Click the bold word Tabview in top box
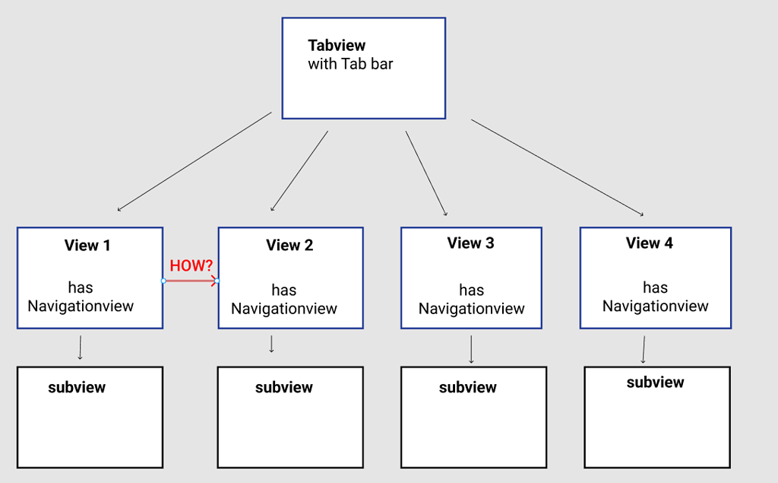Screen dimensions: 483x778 [x=337, y=46]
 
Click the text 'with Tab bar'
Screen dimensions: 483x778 [x=350, y=64]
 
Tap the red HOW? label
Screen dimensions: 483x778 [x=191, y=265]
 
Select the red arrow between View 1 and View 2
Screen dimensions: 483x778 [x=190, y=281]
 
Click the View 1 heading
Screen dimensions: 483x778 [x=87, y=246]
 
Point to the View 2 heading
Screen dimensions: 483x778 [x=289, y=246]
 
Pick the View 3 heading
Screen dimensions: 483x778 [x=470, y=243]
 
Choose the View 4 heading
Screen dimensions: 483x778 [x=650, y=243]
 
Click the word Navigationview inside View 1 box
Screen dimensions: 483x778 [x=81, y=307]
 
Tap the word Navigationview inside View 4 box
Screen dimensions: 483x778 [x=656, y=307]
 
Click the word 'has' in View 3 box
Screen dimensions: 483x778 [x=471, y=290]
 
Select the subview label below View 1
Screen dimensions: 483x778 [x=77, y=387]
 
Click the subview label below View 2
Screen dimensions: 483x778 [x=284, y=387]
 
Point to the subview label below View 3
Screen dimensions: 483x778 [x=468, y=387]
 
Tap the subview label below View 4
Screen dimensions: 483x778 [x=655, y=383]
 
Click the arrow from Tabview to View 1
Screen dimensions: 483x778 [x=194, y=161]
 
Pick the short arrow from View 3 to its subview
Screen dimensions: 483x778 [x=471, y=349]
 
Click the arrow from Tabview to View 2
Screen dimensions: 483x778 [x=299, y=170]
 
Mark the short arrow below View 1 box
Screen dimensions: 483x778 [x=80, y=347]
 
